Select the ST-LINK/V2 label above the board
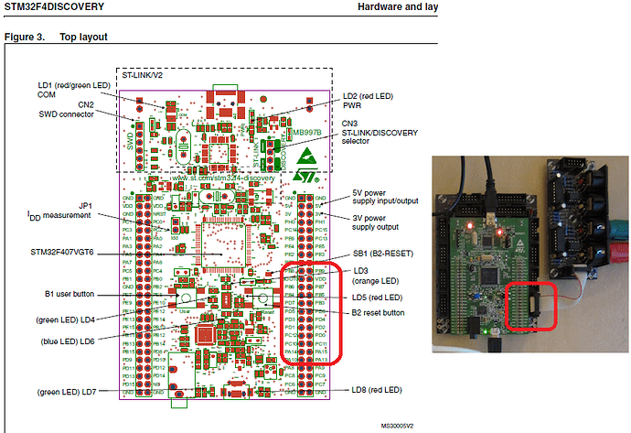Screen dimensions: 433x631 pyautogui.click(x=145, y=76)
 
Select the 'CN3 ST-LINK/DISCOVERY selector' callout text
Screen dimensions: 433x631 pyautogui.click(x=379, y=133)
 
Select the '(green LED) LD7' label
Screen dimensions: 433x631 pyautogui.click(x=64, y=392)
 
